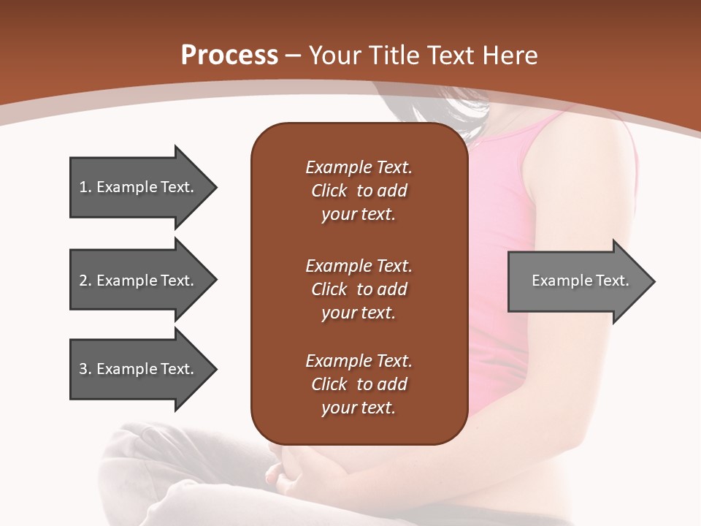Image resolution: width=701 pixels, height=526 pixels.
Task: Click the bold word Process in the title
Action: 229,56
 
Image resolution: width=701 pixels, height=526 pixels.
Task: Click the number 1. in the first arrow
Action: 85,187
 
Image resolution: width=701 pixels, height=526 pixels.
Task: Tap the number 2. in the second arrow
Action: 85,281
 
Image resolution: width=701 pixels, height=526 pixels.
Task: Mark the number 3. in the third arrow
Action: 85,369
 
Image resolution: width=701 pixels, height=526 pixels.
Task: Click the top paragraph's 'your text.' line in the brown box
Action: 359,215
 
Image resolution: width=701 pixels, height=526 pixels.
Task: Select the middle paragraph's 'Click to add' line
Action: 359,289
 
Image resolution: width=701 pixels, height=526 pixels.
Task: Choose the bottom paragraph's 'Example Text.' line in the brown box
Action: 359,361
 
